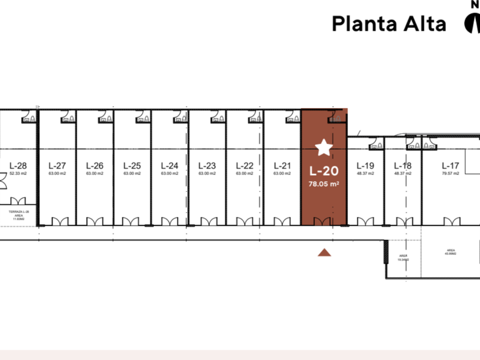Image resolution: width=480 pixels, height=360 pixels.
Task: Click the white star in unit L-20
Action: coord(324,148)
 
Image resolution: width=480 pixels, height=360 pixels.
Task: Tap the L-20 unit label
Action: coord(324,170)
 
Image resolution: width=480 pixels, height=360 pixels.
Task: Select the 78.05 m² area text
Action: coord(324,183)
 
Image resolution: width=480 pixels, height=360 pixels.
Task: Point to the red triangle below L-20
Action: coord(325,253)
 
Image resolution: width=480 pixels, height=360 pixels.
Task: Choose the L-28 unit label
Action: coord(18,166)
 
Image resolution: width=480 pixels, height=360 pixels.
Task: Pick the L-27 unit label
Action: coord(57,166)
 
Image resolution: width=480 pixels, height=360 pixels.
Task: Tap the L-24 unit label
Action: coord(170,166)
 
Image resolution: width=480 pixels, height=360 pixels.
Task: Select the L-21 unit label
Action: coord(282,166)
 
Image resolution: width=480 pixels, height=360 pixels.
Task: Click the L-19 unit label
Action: coord(365,166)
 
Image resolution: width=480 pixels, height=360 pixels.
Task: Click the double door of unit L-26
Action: coord(95,222)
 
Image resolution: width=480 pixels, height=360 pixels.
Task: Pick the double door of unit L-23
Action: coord(207,222)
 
